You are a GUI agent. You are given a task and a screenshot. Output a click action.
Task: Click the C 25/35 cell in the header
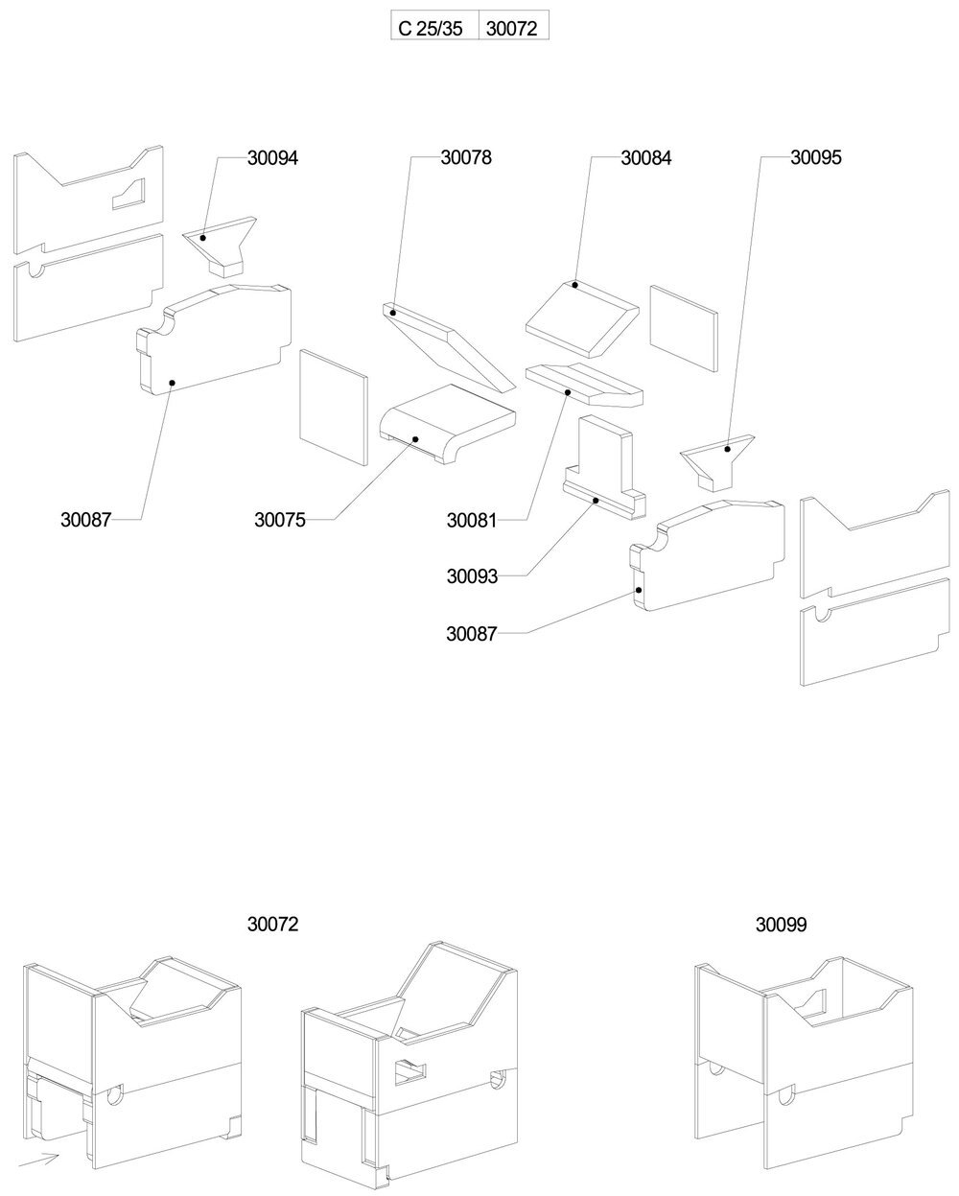pyautogui.click(x=431, y=28)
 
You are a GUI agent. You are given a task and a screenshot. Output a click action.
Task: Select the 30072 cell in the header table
pyautogui.click(x=513, y=28)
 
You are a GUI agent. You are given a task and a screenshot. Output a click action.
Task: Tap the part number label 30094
pyautogui.click(x=272, y=159)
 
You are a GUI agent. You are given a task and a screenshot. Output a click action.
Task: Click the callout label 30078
pyautogui.click(x=466, y=159)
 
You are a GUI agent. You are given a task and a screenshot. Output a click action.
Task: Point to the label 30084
pyautogui.click(x=646, y=159)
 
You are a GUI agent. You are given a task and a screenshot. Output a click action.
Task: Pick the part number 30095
pyautogui.click(x=815, y=159)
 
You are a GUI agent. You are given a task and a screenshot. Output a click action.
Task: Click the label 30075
pyautogui.click(x=280, y=520)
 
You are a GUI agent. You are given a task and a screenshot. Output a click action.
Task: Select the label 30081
pyautogui.click(x=472, y=521)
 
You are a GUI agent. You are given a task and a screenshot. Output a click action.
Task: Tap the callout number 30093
pyautogui.click(x=472, y=576)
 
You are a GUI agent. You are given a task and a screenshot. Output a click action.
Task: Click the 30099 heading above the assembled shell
pyautogui.click(x=781, y=925)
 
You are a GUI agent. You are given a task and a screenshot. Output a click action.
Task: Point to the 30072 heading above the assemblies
pyautogui.click(x=273, y=925)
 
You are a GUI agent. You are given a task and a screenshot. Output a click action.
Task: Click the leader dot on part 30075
pyautogui.click(x=415, y=439)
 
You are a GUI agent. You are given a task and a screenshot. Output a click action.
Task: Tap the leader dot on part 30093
pyautogui.click(x=596, y=501)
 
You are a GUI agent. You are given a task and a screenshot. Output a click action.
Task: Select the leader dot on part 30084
pyautogui.click(x=574, y=285)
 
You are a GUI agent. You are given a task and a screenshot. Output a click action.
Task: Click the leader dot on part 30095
pyautogui.click(x=728, y=449)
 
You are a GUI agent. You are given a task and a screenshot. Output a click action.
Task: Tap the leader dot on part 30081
pyautogui.click(x=568, y=392)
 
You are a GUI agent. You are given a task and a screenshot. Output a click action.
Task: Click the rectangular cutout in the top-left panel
pyautogui.click(x=129, y=195)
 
